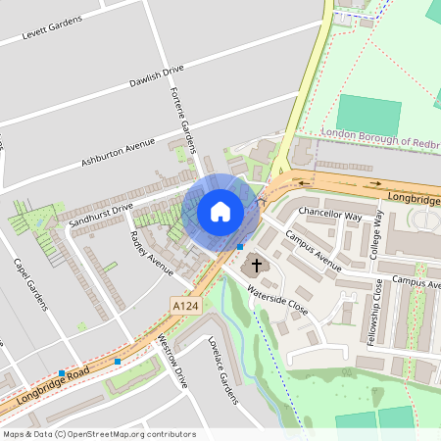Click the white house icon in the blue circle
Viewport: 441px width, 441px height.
[220, 212]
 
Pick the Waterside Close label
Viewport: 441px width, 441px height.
[277, 299]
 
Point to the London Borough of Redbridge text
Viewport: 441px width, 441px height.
[382, 141]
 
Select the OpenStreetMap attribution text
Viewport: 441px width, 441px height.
[98, 434]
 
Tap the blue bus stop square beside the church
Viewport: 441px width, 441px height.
[240, 247]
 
